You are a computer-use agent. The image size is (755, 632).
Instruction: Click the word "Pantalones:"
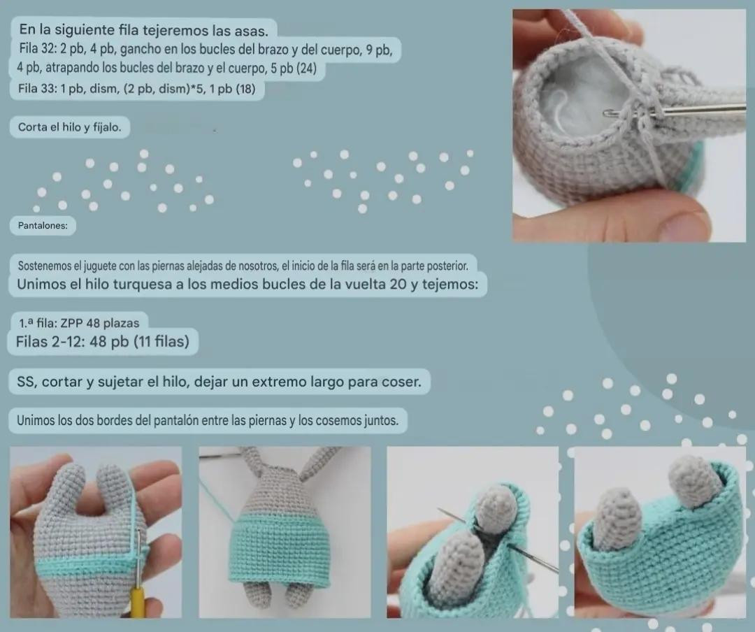(43, 226)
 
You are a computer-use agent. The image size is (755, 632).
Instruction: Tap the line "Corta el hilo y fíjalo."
(69, 127)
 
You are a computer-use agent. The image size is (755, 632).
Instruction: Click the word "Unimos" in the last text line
(35, 421)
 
